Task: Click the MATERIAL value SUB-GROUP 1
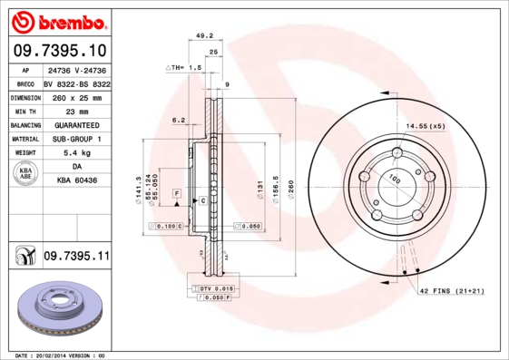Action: click(76, 139)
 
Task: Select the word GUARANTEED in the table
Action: click(76, 124)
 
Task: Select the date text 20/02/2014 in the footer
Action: click(55, 355)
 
